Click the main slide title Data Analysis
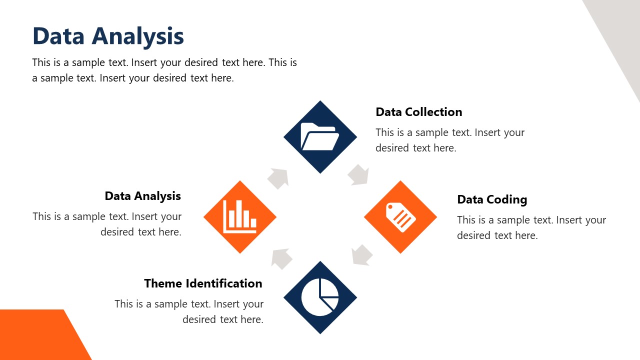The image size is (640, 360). tap(108, 36)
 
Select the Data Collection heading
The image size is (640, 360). tap(418, 112)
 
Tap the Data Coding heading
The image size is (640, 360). tap(492, 199)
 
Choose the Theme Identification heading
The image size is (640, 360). tap(203, 283)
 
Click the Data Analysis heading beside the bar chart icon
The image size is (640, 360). tap(142, 196)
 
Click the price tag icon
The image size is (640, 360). tap(400, 217)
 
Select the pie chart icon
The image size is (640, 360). tap(320, 297)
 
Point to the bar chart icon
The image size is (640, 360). tap(240, 216)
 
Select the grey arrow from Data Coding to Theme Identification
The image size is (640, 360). tap(361, 254)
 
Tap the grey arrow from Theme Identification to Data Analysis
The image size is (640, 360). tap(282, 258)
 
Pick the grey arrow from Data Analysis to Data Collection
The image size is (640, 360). tap(278, 178)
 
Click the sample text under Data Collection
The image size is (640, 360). tap(449, 140)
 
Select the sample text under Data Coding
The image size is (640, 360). tap(531, 227)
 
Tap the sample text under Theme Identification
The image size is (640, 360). tap(189, 311)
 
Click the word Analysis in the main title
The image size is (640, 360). tap(138, 36)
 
